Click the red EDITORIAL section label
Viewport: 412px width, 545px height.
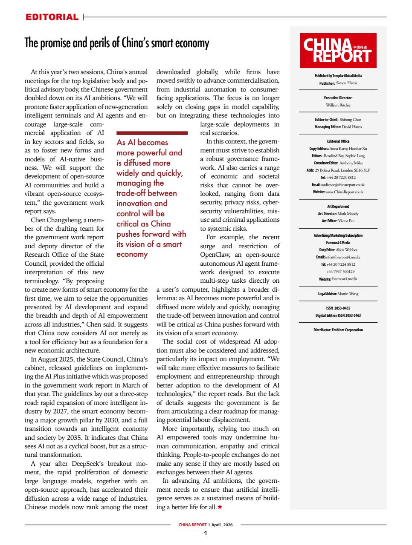52,17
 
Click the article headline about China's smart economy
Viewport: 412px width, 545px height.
117,43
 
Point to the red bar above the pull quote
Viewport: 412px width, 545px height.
152,133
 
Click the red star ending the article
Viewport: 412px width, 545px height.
220,507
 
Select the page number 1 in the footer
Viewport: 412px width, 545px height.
206,534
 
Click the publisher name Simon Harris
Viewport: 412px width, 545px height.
346,83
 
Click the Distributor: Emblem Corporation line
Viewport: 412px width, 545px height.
338,330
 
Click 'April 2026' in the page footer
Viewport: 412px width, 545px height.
222,525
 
